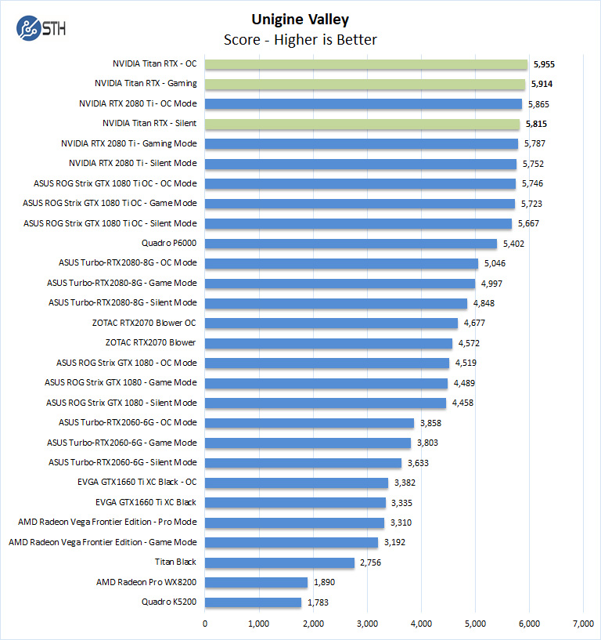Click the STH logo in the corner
pyautogui.click(x=41, y=29)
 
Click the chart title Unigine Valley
pyautogui.click(x=300, y=20)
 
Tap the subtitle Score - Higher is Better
pyautogui.click(x=300, y=39)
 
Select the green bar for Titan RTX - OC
pyautogui.click(x=366, y=64)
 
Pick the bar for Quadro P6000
pyautogui.click(x=351, y=244)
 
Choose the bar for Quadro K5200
pyautogui.click(x=253, y=602)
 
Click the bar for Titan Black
pyautogui.click(x=279, y=562)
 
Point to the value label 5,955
pyautogui.click(x=549, y=64)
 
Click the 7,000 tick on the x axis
pyautogui.click(x=582, y=624)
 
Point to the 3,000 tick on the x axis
pyautogui.click(x=367, y=624)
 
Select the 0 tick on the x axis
pyautogui.click(x=205, y=624)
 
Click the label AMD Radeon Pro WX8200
pyautogui.click(x=146, y=582)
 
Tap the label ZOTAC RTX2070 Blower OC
pyautogui.click(x=144, y=323)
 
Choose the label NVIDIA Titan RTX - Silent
pyautogui.click(x=149, y=124)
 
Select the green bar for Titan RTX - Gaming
pyautogui.click(x=365, y=84)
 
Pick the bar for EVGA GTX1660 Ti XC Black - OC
pyautogui.click(x=297, y=483)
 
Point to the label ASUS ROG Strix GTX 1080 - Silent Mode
pyautogui.click(x=121, y=403)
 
